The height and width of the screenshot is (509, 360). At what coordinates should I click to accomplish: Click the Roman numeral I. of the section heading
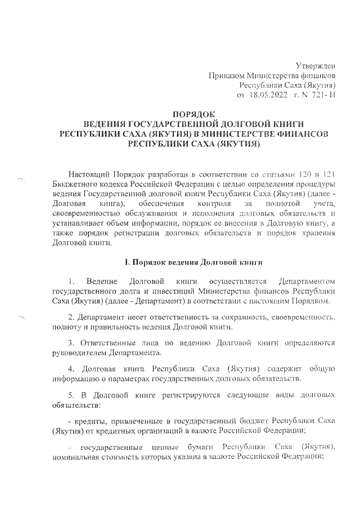(127, 263)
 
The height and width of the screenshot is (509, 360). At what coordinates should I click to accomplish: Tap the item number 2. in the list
(70, 318)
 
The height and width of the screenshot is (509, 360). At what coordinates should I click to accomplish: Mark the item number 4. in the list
(70, 368)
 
